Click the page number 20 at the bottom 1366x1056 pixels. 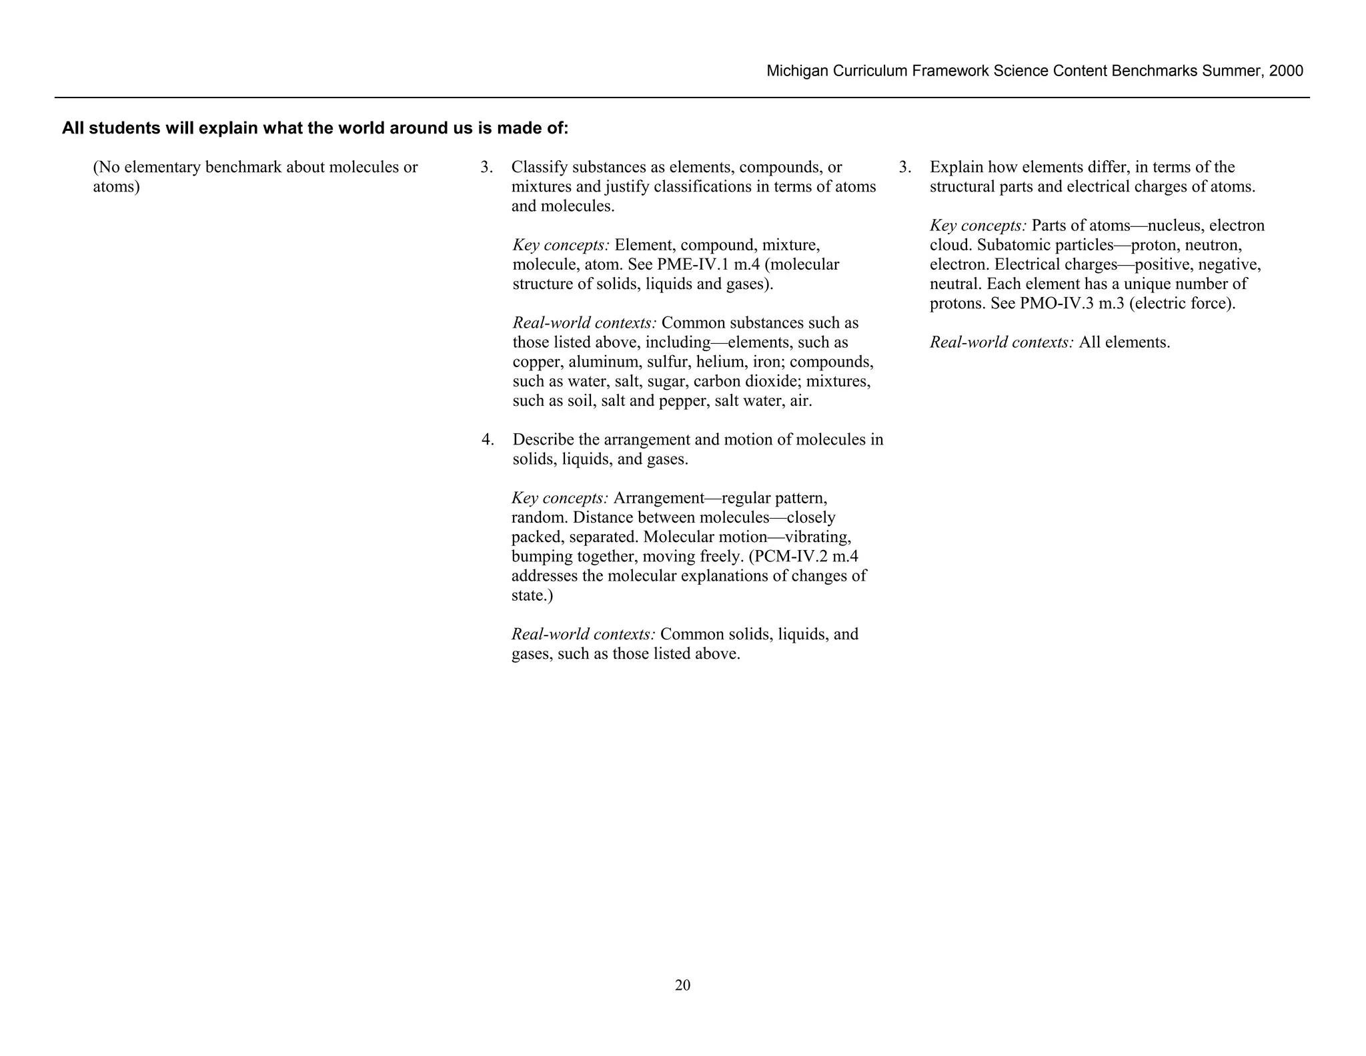tap(682, 985)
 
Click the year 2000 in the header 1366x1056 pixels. tap(1286, 71)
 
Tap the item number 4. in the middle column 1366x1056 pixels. tap(488, 440)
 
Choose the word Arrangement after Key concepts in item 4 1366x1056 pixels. tap(658, 498)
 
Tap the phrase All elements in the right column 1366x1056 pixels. tap(1124, 342)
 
